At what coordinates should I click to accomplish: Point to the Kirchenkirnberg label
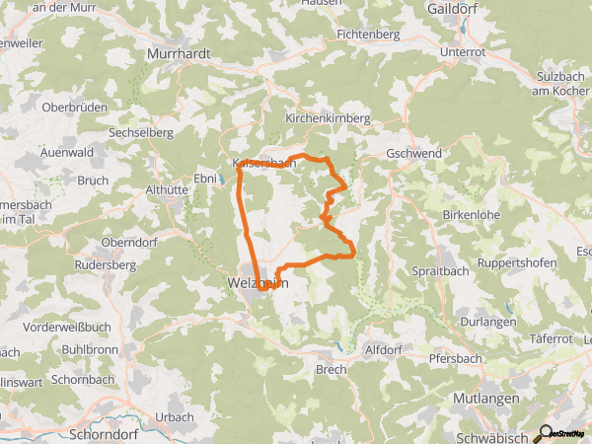click(x=327, y=117)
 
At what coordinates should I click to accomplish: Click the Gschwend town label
click(x=417, y=155)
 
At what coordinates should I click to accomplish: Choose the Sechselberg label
click(x=142, y=131)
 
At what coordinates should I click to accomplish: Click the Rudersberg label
click(x=108, y=265)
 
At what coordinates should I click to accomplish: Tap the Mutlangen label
click(x=483, y=397)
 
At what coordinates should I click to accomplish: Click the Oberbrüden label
click(x=73, y=107)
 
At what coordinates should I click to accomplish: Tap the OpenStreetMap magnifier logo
click(x=545, y=432)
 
